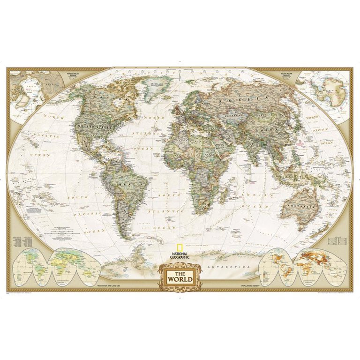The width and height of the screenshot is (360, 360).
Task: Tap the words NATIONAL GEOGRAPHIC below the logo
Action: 180,256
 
